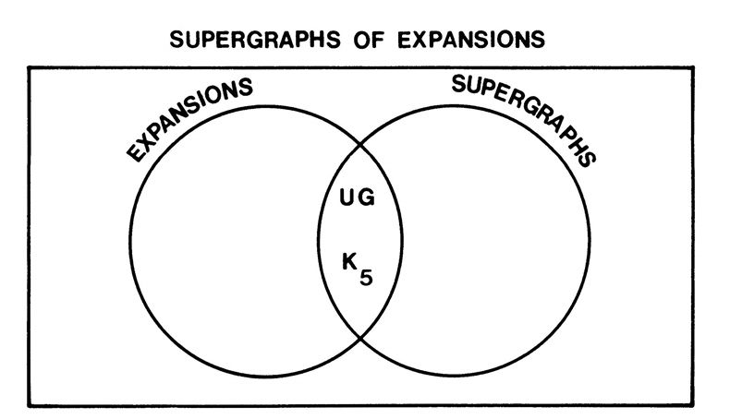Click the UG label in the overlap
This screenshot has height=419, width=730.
click(359, 198)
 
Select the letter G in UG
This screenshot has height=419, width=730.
click(368, 198)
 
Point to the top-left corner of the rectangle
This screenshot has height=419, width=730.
click(29, 67)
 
